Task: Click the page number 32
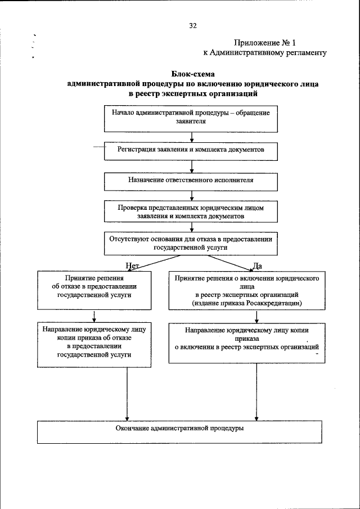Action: click(192, 25)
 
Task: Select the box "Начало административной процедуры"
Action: click(191, 117)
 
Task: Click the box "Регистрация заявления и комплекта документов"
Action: click(191, 150)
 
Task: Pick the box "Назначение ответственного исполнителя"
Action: click(191, 181)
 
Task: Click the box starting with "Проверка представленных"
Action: click(191, 211)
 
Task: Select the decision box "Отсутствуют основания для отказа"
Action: click(191, 242)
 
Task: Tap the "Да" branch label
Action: click(257, 265)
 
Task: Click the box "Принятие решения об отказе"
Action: click(94, 290)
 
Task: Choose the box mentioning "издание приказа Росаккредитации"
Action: click(247, 290)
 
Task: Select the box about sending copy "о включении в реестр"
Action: click(247, 343)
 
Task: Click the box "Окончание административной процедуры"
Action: click(191, 432)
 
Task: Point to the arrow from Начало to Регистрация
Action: click(192, 137)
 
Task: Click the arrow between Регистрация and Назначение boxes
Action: click(192, 166)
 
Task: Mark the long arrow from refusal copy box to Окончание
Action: click(128, 394)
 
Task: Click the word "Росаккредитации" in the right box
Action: click(274, 303)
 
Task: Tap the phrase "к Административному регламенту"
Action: click(264, 53)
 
